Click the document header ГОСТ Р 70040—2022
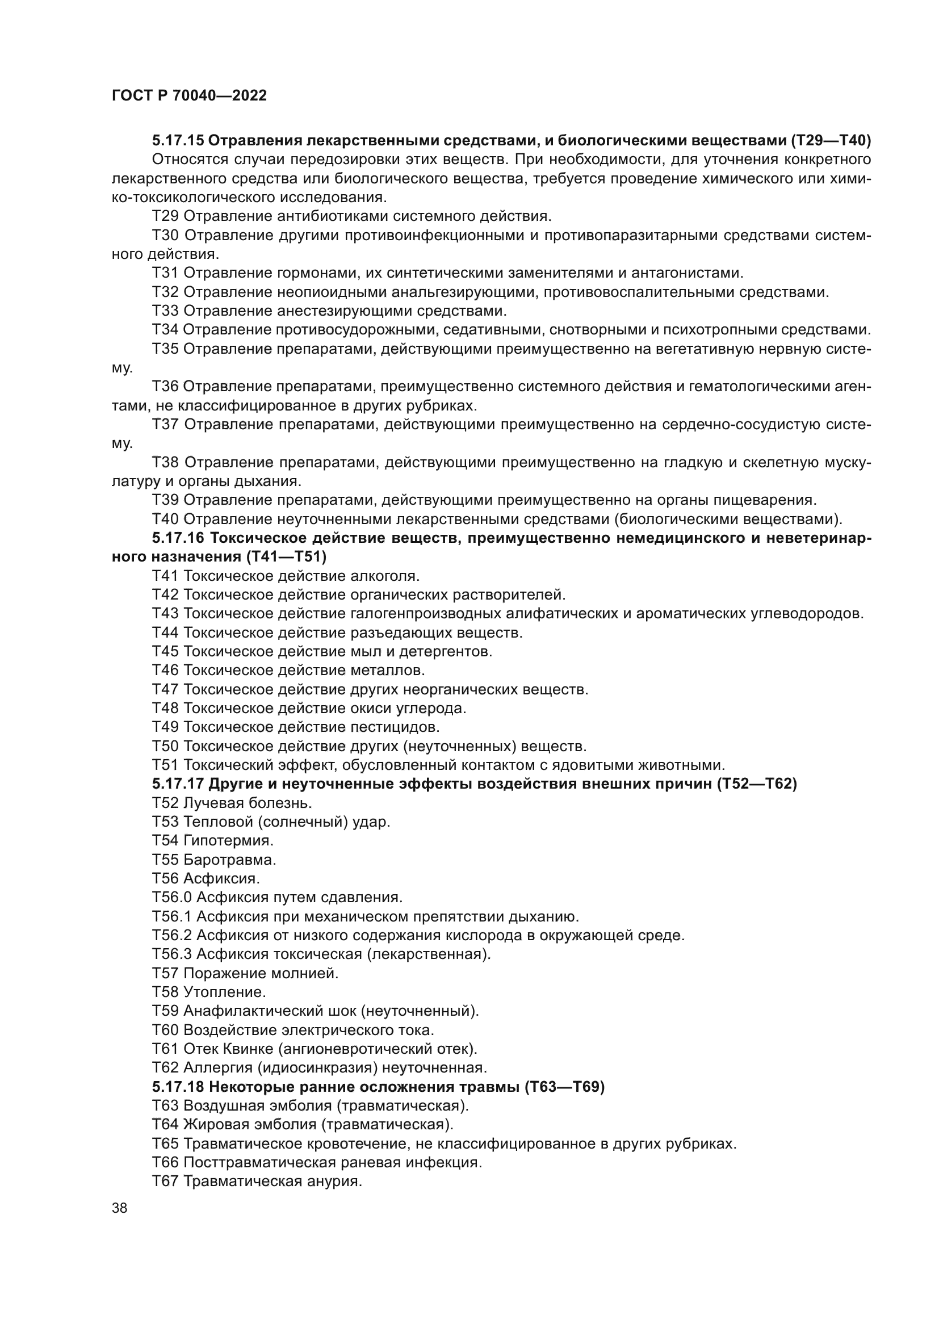[189, 96]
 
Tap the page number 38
[120, 1208]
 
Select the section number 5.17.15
[178, 141]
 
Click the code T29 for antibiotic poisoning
[165, 216]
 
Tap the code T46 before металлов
[165, 671]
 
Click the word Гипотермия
[228, 840]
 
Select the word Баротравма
[229, 860]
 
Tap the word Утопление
[224, 992]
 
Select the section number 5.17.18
[178, 1087]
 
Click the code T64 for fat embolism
[165, 1125]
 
